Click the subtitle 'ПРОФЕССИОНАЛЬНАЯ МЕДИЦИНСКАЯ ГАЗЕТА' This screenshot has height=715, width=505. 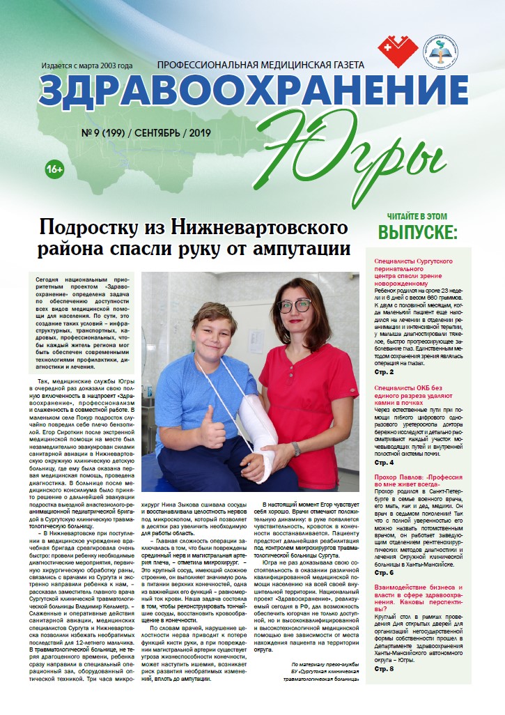coord(261,65)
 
